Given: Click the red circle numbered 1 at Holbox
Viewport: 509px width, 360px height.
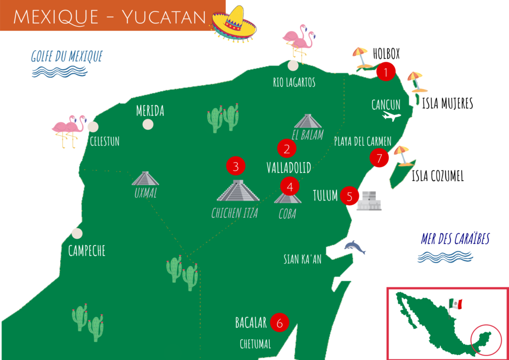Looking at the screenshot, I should [x=385, y=72].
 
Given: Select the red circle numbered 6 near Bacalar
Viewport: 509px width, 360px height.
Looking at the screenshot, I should [x=279, y=323].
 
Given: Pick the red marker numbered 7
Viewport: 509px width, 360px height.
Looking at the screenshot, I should [x=379, y=158].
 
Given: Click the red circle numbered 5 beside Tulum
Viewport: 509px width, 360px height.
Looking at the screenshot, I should [x=349, y=196].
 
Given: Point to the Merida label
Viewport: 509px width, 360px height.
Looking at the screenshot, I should [x=150, y=111].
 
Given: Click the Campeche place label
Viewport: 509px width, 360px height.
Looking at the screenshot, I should [x=86, y=251].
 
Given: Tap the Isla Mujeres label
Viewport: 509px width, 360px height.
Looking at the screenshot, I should [x=447, y=103].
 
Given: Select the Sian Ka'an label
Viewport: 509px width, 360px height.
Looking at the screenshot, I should [x=302, y=259].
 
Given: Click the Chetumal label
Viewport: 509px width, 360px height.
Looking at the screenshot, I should [x=255, y=344].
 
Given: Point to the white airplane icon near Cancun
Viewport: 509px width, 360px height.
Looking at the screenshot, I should [x=392, y=117].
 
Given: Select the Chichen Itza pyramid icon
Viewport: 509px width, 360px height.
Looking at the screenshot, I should [x=238, y=191].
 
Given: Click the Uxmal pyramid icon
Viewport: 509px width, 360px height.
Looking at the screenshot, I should [x=145, y=179].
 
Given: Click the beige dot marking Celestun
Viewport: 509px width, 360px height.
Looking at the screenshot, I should [x=93, y=126].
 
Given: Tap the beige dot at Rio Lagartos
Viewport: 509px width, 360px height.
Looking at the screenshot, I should [x=293, y=66].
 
